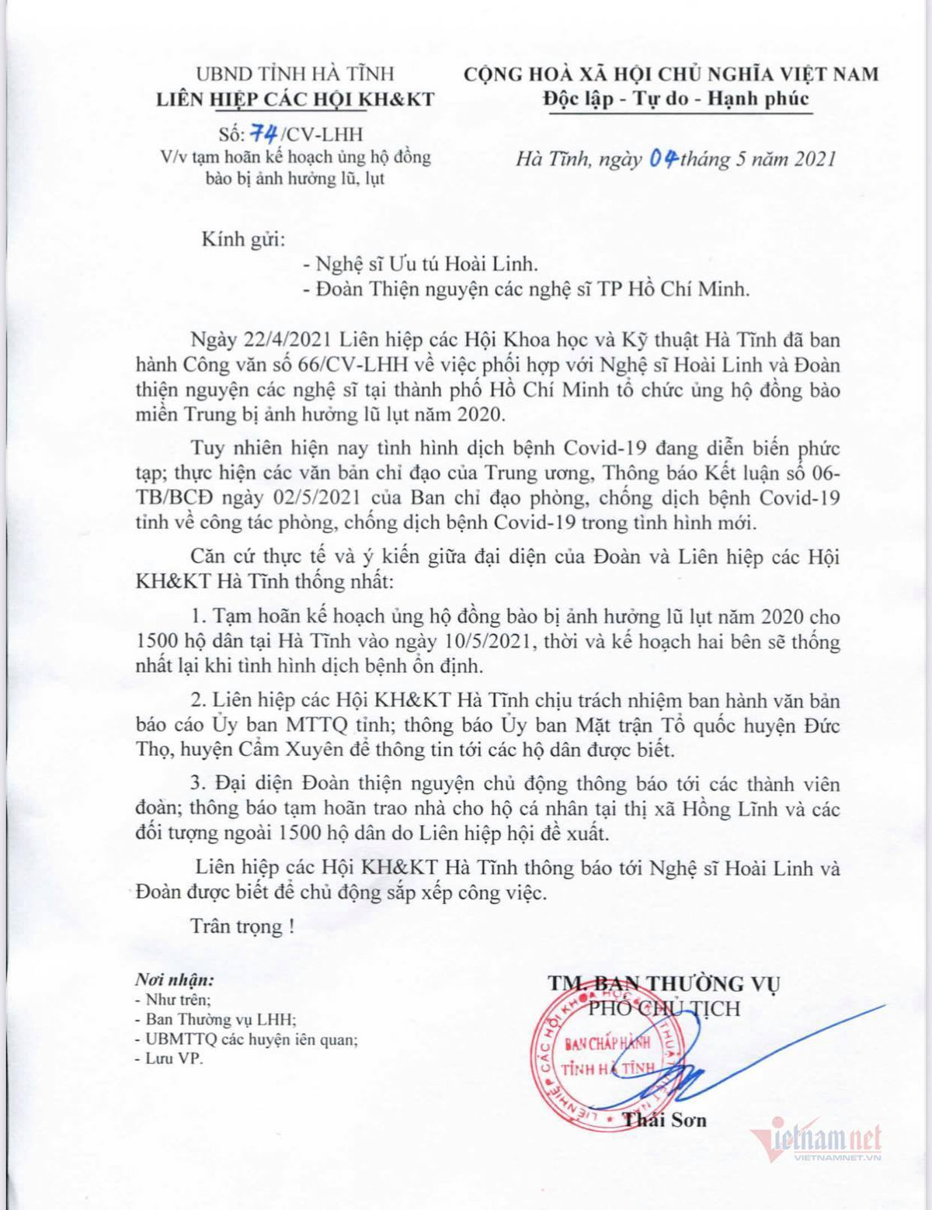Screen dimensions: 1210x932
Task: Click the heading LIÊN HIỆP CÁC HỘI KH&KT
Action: click(295, 99)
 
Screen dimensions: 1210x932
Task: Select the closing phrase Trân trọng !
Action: click(242, 926)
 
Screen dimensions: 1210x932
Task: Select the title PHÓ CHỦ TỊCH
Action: click(664, 1008)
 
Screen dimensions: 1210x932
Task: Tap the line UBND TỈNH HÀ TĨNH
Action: click(295, 74)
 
